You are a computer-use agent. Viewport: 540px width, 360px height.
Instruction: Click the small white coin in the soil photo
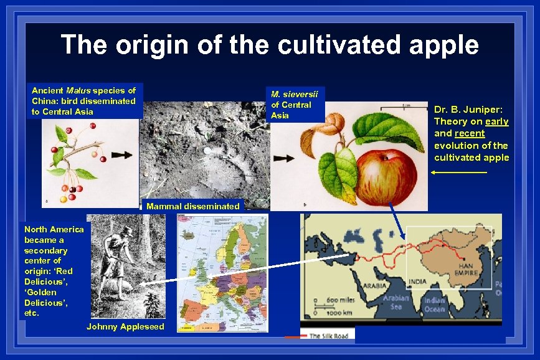[206, 151]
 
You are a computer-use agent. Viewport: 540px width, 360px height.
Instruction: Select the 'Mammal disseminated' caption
[193, 206]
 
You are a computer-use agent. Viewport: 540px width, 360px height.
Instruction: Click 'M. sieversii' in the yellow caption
[294, 95]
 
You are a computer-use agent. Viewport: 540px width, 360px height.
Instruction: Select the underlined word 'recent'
[470, 133]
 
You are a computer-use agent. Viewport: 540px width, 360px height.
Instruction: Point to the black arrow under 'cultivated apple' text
[458, 172]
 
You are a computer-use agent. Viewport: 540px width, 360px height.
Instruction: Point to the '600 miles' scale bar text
[341, 301]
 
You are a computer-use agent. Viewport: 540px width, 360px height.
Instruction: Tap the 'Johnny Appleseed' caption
[125, 326]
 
